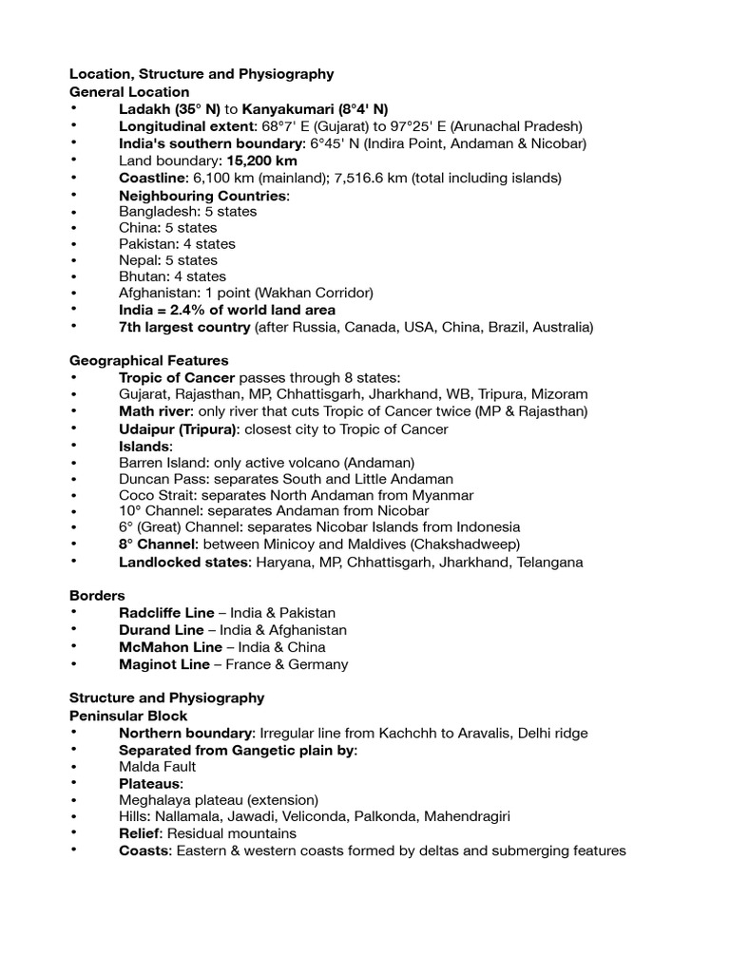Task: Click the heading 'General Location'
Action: click(129, 92)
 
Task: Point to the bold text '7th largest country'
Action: click(184, 327)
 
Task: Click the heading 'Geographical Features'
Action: click(149, 361)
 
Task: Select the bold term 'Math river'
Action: click(156, 411)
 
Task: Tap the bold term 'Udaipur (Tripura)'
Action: click(178, 429)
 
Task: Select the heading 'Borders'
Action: click(97, 596)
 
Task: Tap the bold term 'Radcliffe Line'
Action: click(166, 613)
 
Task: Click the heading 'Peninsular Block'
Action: click(128, 715)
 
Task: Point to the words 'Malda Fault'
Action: click(158, 766)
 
